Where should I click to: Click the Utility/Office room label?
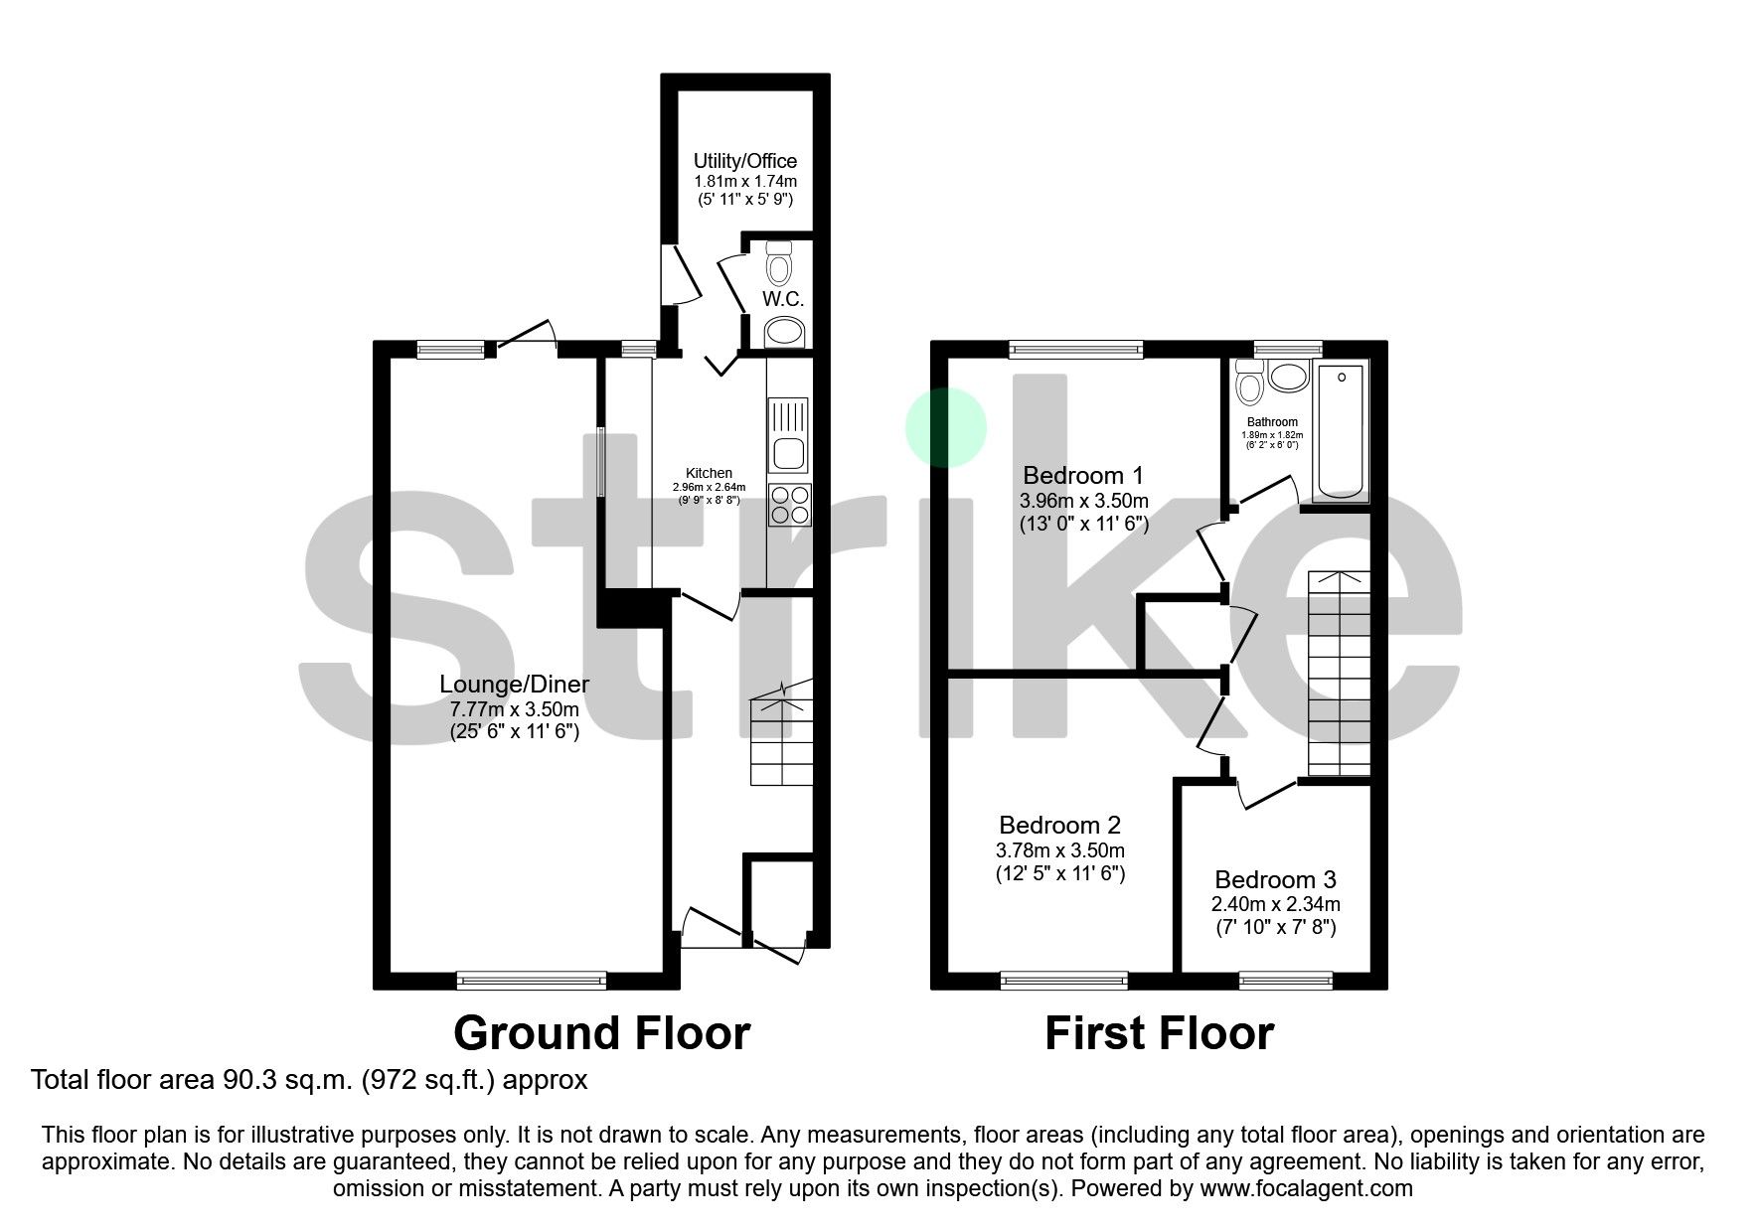click(x=744, y=161)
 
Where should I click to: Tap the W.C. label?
click(x=783, y=298)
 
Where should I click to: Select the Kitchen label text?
click(x=709, y=473)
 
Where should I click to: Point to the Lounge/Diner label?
click(x=514, y=685)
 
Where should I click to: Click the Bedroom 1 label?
click(x=1083, y=475)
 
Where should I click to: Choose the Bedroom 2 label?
click(x=1059, y=825)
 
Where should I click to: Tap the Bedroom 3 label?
click(x=1275, y=879)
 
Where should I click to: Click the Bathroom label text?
click(x=1272, y=422)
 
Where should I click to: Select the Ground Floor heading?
click(x=601, y=1033)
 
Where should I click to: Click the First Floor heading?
click(x=1159, y=1033)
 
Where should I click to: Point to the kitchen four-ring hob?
click(x=790, y=505)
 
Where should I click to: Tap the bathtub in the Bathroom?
click(x=1342, y=431)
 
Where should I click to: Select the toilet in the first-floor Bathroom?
click(x=1249, y=382)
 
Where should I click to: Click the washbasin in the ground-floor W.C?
click(x=785, y=331)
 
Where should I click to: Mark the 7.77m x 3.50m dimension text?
click(x=514, y=709)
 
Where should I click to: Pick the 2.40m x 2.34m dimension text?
click(x=1275, y=904)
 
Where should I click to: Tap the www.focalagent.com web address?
click(x=1306, y=1188)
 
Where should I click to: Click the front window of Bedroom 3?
click(x=1285, y=981)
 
